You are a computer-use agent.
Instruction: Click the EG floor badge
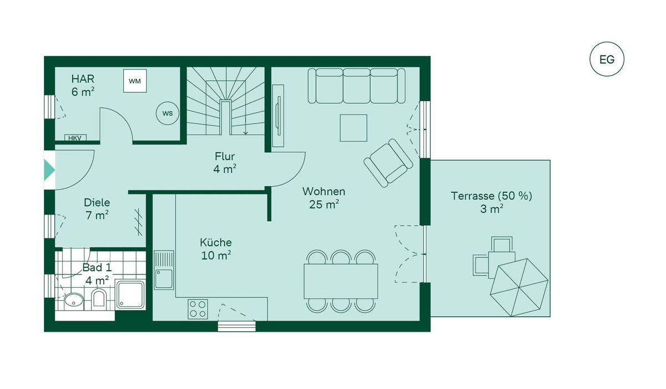(x=607, y=59)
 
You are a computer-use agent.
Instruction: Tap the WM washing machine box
(x=135, y=81)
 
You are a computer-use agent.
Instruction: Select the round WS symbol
(x=168, y=113)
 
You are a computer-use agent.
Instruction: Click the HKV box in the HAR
(x=75, y=138)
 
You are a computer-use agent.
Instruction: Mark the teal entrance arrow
(x=49, y=170)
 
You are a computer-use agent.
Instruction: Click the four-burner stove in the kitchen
(x=198, y=309)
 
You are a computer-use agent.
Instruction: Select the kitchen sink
(x=164, y=270)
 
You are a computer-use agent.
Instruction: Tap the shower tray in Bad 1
(x=130, y=295)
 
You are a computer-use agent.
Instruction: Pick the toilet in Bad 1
(x=99, y=298)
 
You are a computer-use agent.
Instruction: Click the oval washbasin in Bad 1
(x=74, y=300)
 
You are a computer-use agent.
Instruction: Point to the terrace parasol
(x=519, y=287)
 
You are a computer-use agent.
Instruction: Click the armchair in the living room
(x=389, y=163)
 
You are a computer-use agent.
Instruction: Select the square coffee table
(x=354, y=128)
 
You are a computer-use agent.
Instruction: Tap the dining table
(x=341, y=281)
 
